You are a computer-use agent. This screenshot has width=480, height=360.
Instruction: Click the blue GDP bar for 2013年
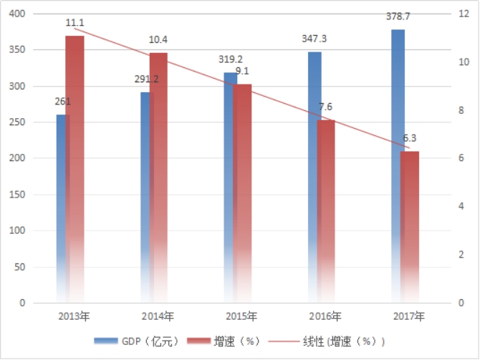61,208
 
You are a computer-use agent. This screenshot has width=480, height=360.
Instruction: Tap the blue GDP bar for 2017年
398,165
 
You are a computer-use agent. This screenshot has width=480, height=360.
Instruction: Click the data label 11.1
75,23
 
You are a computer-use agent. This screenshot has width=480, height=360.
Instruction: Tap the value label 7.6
326,107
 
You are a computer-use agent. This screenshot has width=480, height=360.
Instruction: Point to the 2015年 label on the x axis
242,316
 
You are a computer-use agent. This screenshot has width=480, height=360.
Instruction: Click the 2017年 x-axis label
409,316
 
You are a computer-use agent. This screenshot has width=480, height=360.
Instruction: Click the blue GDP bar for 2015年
230,186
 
